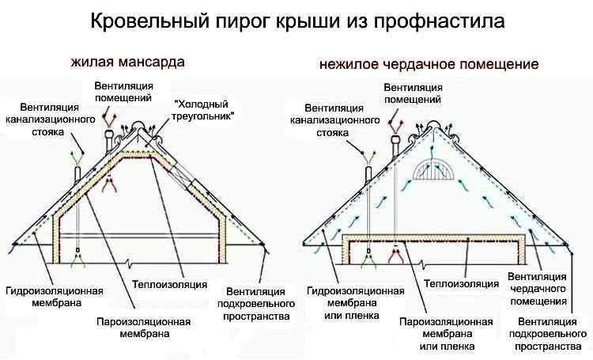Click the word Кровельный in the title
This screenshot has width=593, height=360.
[149, 21]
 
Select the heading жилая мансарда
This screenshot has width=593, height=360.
[128, 62]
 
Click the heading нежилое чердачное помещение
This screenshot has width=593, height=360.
[429, 64]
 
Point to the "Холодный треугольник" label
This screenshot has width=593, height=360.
[201, 110]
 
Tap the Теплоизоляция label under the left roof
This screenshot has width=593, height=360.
[170, 284]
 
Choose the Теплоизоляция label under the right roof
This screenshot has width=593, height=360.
[462, 283]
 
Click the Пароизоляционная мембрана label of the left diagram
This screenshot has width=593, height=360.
[144, 328]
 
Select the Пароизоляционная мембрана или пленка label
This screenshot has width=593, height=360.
[447, 334]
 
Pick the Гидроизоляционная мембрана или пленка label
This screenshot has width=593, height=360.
[356, 303]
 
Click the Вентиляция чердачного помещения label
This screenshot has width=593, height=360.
[538, 289]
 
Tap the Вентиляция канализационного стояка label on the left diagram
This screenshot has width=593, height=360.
[50, 119]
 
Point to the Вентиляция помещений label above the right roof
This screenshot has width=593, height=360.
[413, 93]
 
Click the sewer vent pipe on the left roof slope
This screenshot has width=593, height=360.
[77, 175]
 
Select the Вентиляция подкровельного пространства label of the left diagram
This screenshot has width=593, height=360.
[256, 304]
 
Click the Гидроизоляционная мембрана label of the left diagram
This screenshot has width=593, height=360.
[55, 297]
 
